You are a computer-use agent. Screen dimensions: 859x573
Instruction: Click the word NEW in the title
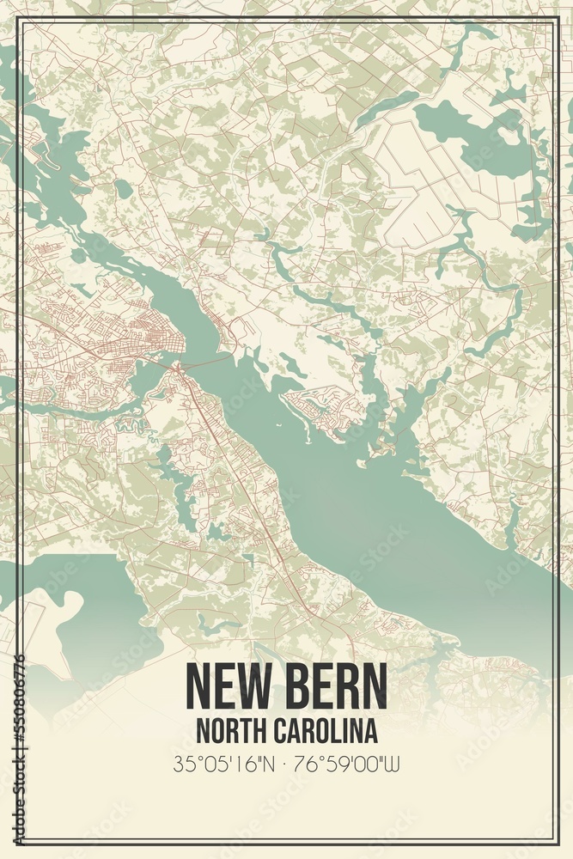pyautogui.click(x=225, y=685)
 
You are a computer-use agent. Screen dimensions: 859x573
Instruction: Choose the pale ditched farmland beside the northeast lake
pyautogui.click(x=430, y=189)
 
